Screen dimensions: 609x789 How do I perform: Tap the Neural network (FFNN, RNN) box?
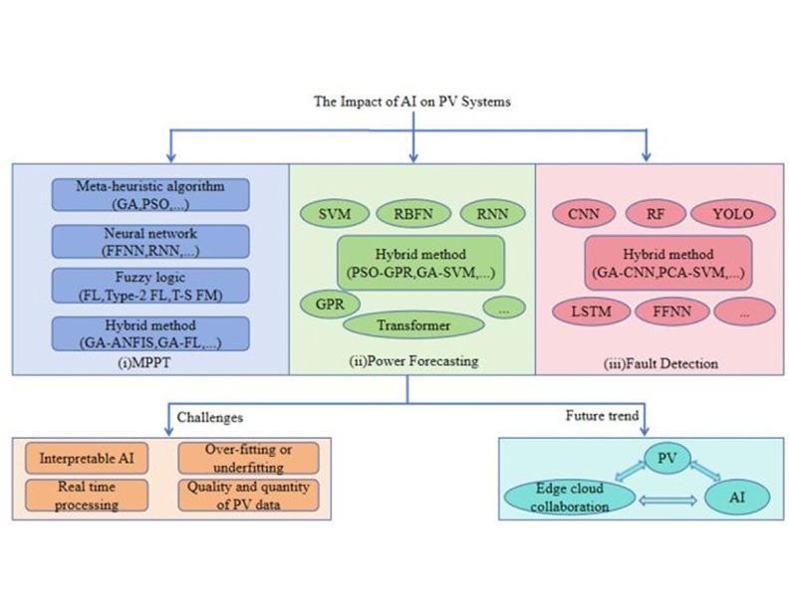(148, 240)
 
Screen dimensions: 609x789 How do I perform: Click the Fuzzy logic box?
(148, 285)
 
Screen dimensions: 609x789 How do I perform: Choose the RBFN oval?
(412, 214)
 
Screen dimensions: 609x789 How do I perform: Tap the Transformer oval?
(413, 324)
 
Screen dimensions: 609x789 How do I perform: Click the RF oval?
(654, 213)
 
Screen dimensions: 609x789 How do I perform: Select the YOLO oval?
(733, 213)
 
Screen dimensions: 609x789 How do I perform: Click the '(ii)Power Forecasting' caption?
(413, 362)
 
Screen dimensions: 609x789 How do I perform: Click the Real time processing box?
(89, 495)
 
